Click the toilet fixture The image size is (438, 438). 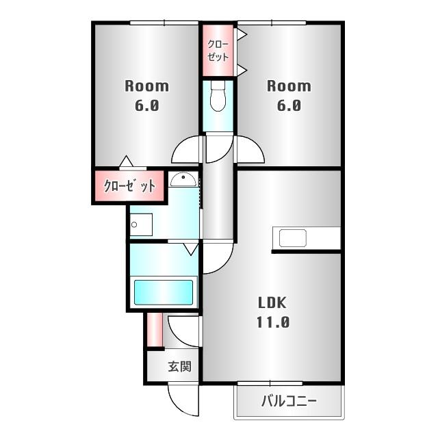click(218, 96)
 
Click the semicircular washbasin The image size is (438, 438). click(183, 180)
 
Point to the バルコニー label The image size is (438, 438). click(288, 402)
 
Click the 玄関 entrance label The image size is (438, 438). click(180, 367)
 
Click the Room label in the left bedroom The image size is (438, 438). click(146, 86)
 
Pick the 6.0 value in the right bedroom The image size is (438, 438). click(288, 106)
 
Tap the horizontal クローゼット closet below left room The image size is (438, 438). click(129, 185)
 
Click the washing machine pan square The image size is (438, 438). click(141, 225)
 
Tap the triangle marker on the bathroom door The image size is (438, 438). click(190, 248)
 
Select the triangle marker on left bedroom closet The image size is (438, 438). click(125, 162)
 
